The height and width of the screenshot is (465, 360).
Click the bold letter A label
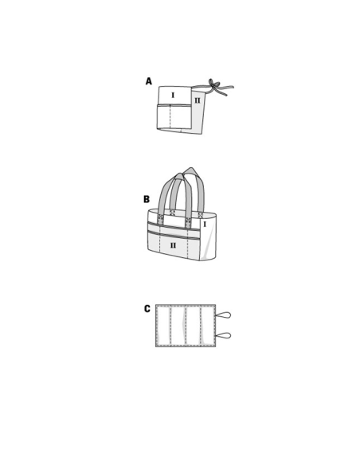(x=149, y=81)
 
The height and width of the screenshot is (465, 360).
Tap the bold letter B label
(x=147, y=199)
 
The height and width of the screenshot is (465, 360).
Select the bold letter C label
(x=147, y=309)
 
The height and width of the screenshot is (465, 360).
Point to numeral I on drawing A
(x=173, y=96)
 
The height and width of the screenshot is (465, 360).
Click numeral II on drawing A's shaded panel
(x=198, y=100)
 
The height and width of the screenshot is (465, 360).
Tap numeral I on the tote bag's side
(x=205, y=225)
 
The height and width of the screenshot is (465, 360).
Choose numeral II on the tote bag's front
(x=173, y=245)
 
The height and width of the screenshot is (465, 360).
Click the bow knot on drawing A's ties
(x=213, y=85)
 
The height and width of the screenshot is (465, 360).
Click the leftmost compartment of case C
(x=163, y=326)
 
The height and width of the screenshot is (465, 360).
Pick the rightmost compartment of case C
(x=208, y=326)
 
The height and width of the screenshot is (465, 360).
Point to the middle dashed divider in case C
(x=186, y=326)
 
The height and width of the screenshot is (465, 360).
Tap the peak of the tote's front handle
(x=179, y=174)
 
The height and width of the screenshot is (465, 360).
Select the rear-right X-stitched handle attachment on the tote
(x=201, y=215)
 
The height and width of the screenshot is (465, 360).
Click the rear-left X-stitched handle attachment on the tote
(x=172, y=212)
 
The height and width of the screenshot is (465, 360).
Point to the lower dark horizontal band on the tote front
(x=173, y=235)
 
